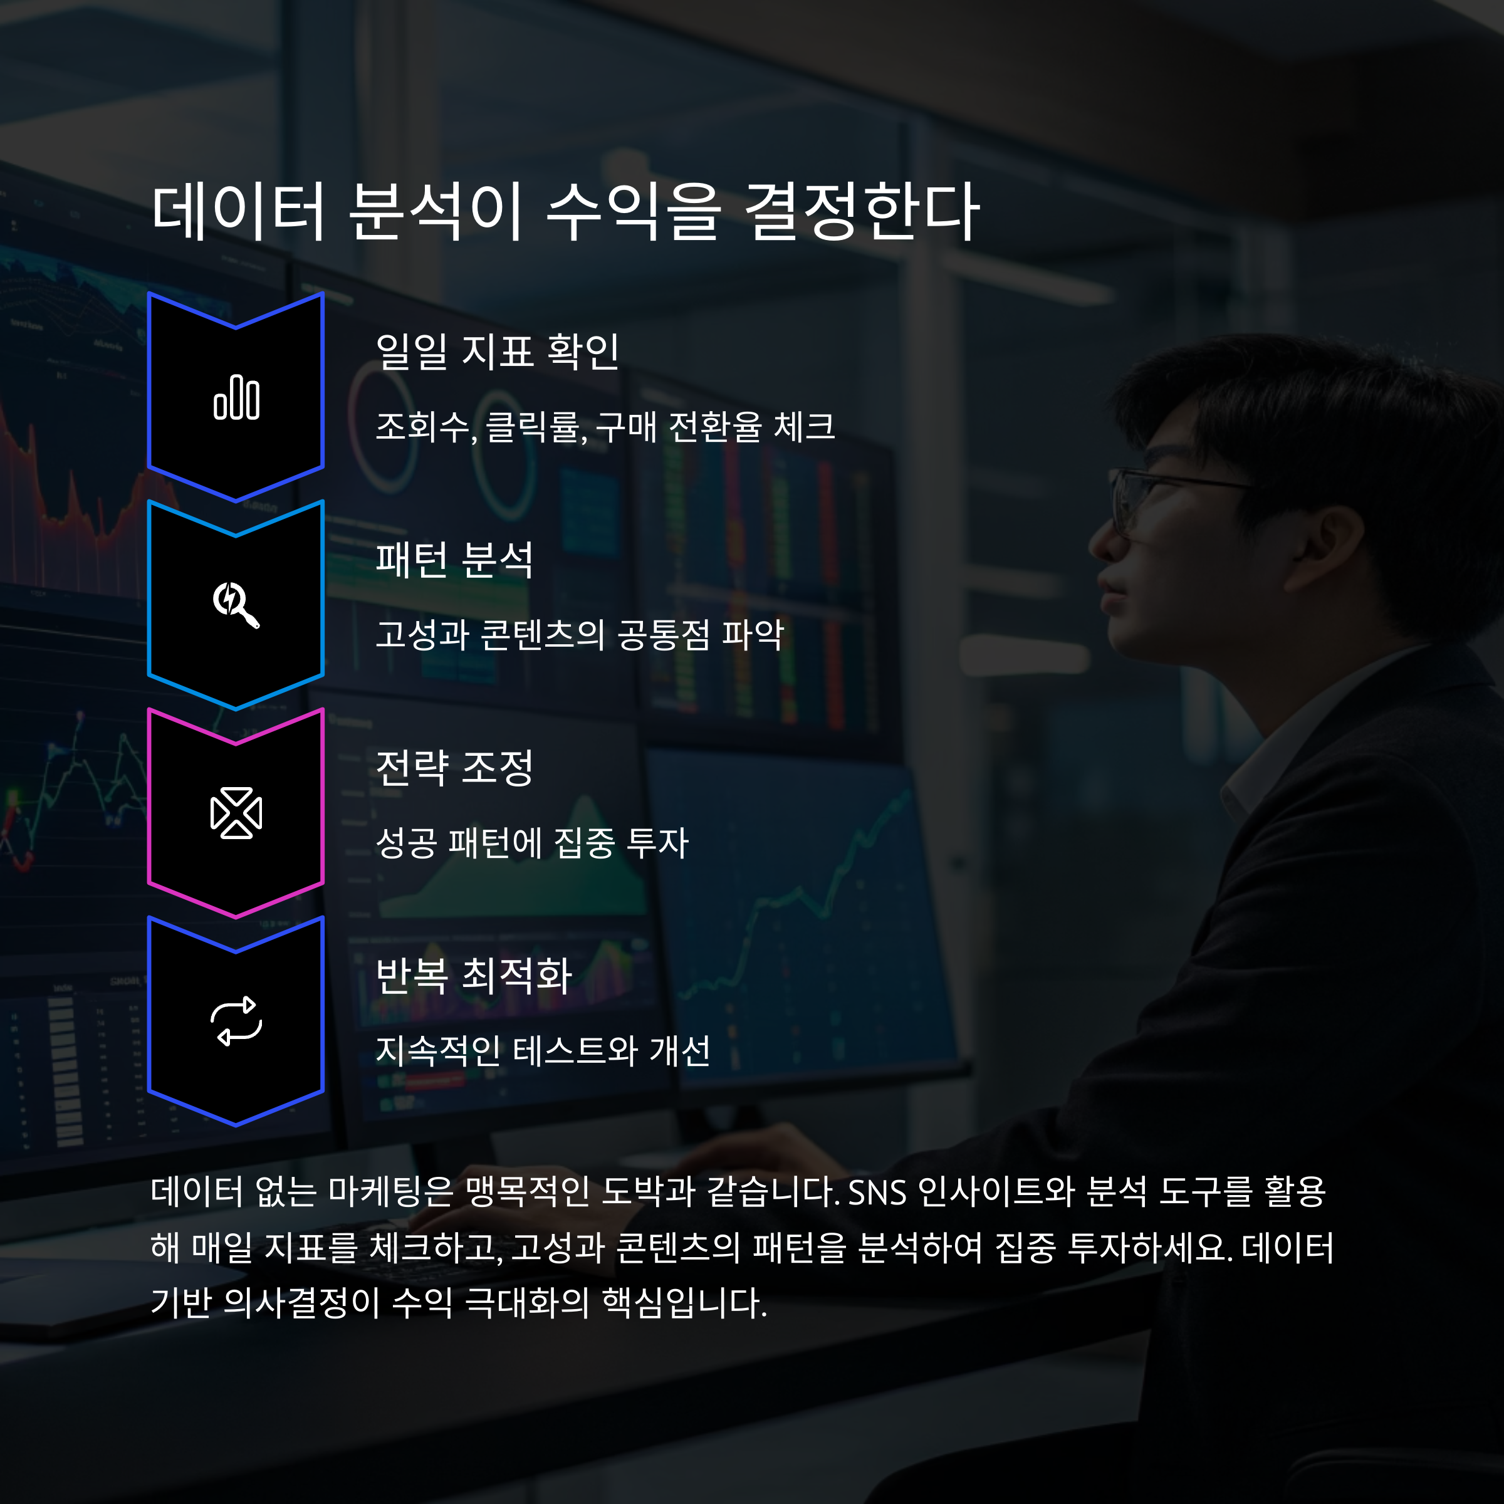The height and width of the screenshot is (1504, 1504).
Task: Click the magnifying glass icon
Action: (x=236, y=604)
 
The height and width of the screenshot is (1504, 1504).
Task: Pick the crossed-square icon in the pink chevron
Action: (x=236, y=813)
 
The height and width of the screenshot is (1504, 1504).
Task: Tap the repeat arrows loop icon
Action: (x=236, y=1021)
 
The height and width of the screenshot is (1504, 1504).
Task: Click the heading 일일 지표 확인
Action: (x=497, y=351)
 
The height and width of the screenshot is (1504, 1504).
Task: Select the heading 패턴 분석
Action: (x=454, y=559)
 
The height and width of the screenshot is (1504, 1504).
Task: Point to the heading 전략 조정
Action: (x=454, y=768)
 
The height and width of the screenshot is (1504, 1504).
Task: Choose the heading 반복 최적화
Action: (x=473, y=976)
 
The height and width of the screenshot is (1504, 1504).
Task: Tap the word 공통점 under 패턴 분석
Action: (x=663, y=634)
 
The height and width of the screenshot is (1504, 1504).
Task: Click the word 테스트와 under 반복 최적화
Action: (x=575, y=1051)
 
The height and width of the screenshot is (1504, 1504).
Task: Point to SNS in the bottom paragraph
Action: (x=877, y=1192)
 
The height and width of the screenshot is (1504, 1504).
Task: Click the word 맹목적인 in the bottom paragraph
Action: (x=527, y=1192)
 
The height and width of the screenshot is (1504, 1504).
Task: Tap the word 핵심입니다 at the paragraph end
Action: (x=684, y=1302)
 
